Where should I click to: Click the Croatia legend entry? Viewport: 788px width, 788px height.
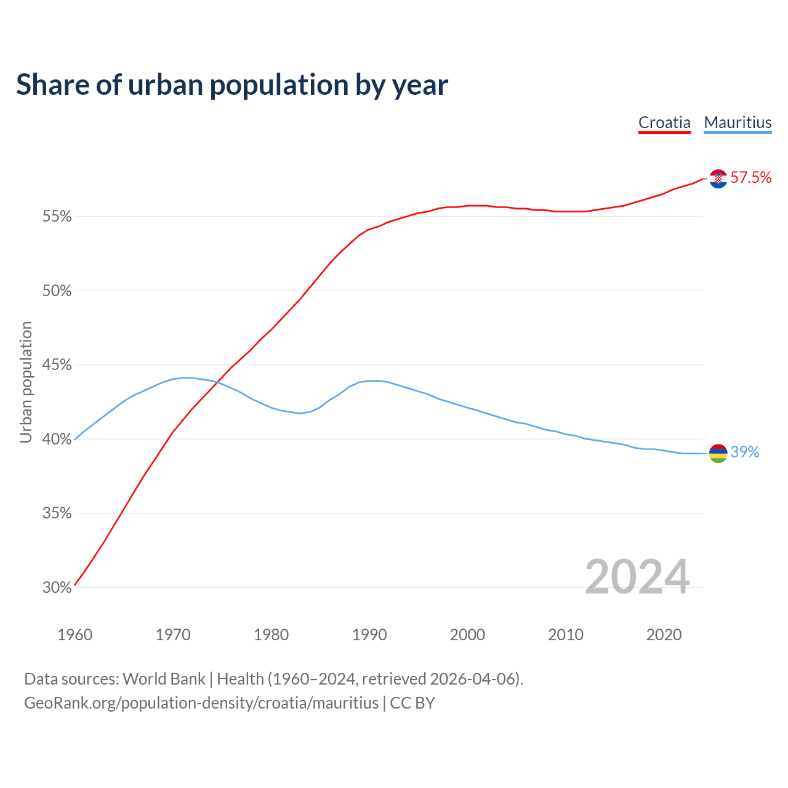click(x=664, y=123)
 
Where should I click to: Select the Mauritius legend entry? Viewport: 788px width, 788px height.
click(x=738, y=123)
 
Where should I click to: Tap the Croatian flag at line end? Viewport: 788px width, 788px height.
click(x=718, y=179)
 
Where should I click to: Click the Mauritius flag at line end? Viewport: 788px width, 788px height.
click(x=718, y=453)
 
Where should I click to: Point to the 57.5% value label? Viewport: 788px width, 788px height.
click(x=750, y=178)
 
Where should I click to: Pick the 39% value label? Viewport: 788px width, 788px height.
click(x=745, y=452)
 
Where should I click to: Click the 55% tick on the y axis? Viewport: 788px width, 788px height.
click(x=57, y=217)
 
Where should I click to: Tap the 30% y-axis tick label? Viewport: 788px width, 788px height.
click(x=57, y=588)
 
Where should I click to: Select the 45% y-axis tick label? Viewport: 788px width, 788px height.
click(x=57, y=365)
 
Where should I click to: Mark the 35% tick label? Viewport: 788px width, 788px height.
click(x=57, y=513)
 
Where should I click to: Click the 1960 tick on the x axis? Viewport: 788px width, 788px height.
click(x=74, y=635)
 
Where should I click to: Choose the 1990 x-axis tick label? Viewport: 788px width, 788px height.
click(x=369, y=635)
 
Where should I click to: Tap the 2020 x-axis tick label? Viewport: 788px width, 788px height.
click(x=664, y=635)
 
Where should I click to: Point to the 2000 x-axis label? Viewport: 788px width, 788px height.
click(x=467, y=635)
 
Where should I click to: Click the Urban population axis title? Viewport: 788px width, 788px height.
click(x=26, y=382)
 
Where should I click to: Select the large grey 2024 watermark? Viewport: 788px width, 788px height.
click(x=637, y=577)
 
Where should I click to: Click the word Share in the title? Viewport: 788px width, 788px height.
click(x=52, y=85)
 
